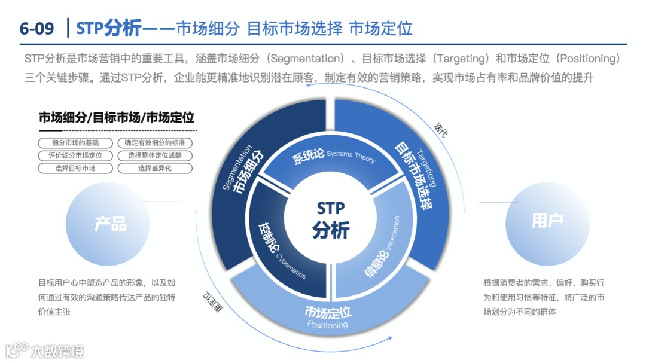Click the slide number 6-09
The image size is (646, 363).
(36, 28)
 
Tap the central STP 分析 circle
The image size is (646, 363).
(331, 219)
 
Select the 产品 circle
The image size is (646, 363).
(111, 224)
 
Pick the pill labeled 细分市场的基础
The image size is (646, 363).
(75, 143)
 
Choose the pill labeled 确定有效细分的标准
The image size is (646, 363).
(155, 143)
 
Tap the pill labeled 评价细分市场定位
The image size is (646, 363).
(75, 155)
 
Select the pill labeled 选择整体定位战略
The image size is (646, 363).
(155, 155)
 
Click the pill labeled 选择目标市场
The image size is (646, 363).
(75, 168)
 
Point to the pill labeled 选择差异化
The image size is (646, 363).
(155, 168)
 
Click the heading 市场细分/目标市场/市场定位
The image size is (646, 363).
(117, 118)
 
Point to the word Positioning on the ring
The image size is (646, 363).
(327, 325)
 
